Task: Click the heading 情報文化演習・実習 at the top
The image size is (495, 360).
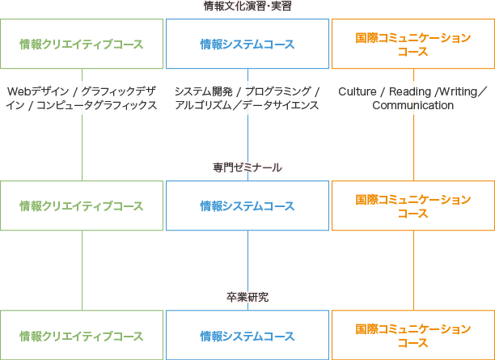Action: pyautogui.click(x=247, y=6)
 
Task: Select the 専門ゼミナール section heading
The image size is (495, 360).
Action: pyautogui.click(x=247, y=167)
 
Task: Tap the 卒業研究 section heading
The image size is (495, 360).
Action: pyautogui.click(x=247, y=297)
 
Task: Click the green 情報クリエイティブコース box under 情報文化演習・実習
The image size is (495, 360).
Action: pyautogui.click(x=82, y=44)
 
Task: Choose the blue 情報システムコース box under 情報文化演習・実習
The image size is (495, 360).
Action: pyautogui.click(x=247, y=44)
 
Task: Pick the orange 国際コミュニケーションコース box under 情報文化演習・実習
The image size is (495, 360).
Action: pyautogui.click(x=412, y=44)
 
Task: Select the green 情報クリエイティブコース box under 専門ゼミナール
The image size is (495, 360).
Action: pyautogui.click(x=82, y=206)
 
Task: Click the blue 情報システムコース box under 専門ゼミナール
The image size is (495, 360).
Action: pyautogui.click(x=247, y=206)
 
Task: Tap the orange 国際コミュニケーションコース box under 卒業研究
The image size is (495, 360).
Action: pyautogui.click(x=412, y=336)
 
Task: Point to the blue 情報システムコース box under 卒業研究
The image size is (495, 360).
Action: pyautogui.click(x=247, y=336)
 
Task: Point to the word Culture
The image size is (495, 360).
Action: pyautogui.click(x=357, y=91)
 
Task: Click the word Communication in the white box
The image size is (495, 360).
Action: pyautogui.click(x=412, y=106)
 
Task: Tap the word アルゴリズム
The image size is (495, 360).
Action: pyautogui.click(x=205, y=106)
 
